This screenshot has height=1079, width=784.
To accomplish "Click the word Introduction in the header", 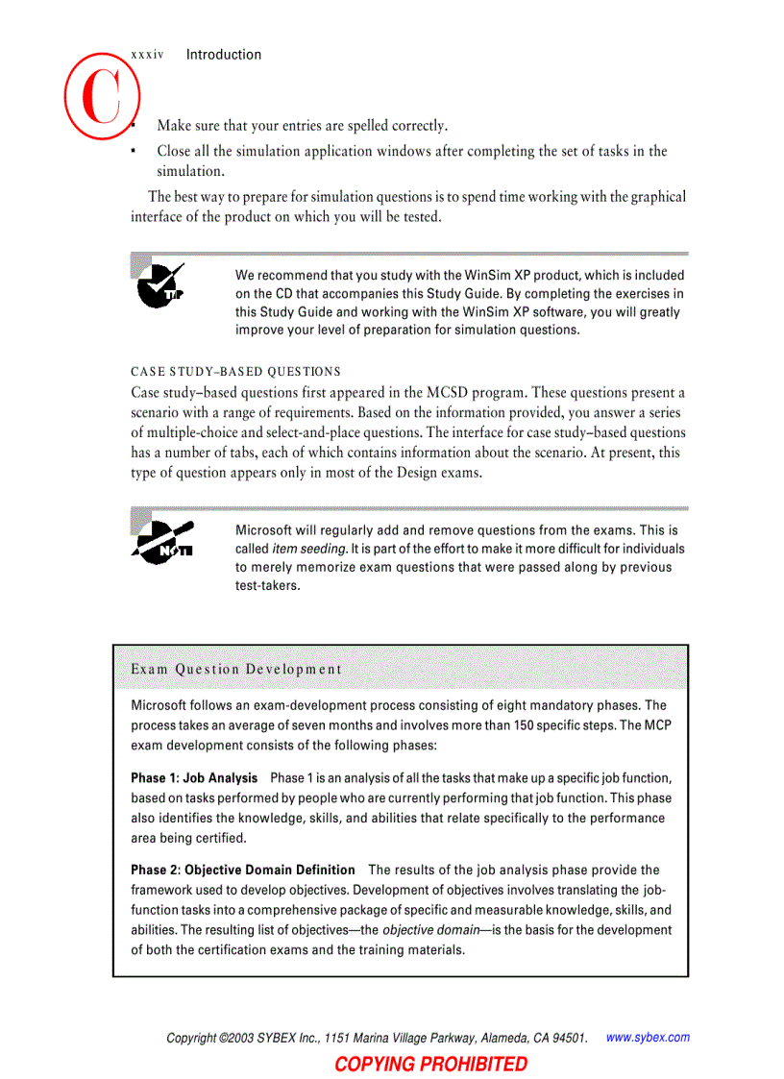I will point(223,55).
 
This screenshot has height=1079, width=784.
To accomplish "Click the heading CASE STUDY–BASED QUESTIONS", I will point(235,371).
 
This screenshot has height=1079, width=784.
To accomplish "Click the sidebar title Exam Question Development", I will point(235,669).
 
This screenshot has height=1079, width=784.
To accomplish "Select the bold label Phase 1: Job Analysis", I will point(194,777).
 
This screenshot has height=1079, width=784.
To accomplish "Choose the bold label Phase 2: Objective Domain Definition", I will point(243,870).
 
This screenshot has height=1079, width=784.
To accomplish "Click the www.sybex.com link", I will point(648,1037).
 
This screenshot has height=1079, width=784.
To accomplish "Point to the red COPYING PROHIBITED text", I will point(430,1064).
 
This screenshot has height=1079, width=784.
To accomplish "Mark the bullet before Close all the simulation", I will point(135,152).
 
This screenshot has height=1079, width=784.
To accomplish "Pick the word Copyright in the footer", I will point(191,1038).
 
